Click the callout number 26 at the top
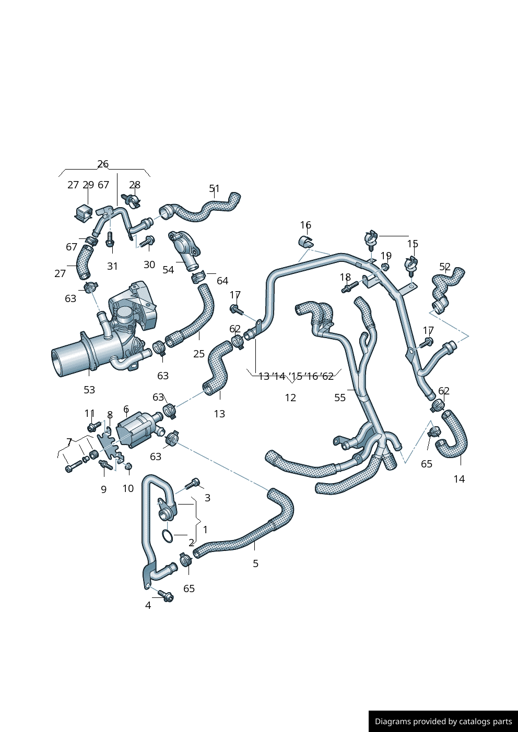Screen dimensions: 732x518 [103, 164]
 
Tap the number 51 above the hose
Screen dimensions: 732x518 [215, 188]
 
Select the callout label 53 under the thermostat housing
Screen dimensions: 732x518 [89, 390]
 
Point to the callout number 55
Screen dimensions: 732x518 [340, 398]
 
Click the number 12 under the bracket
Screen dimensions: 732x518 [290, 398]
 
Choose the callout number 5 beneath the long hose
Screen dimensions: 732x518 [255, 563]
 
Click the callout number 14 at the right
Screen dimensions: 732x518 [459, 479]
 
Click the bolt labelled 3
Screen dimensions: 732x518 [193, 483]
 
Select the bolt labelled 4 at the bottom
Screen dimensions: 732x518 [167, 596]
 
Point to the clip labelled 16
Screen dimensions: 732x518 [307, 242]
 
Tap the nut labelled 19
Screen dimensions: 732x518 [385, 267]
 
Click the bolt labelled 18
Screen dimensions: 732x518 [350, 286]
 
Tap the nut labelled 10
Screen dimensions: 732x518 [128, 466]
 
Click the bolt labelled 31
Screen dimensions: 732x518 [110, 240]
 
